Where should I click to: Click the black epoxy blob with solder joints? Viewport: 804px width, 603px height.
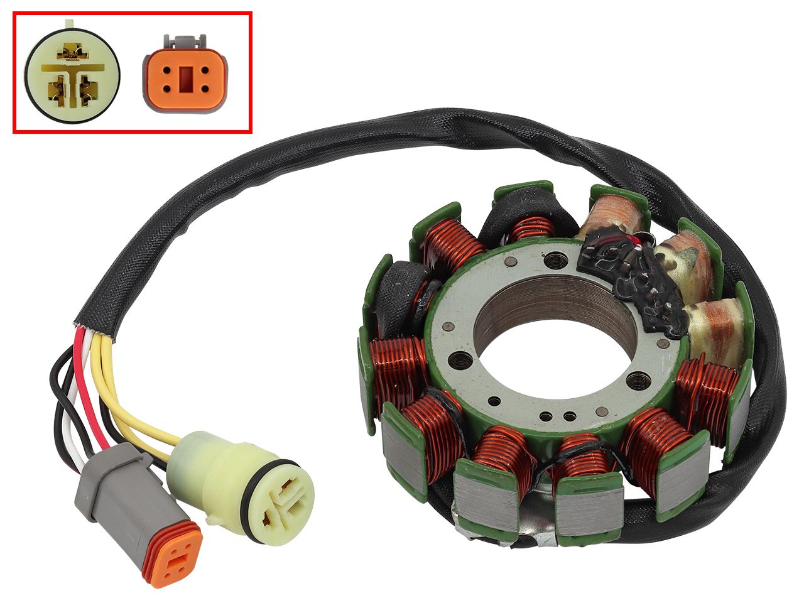tap(634, 276)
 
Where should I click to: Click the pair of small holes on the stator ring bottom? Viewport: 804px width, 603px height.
tap(562, 415)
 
